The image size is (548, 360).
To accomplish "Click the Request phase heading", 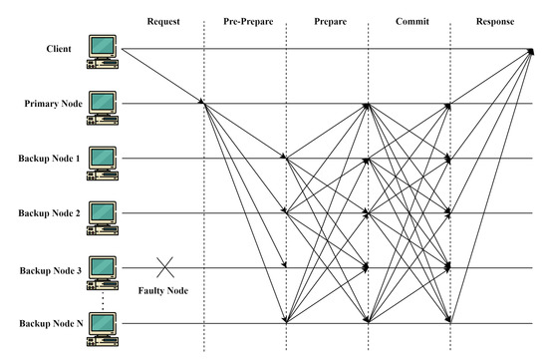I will [165, 21].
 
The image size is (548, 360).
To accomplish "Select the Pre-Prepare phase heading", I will [245, 21].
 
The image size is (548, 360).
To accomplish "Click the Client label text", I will [57, 48].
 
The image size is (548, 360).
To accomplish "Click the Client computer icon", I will [103, 50].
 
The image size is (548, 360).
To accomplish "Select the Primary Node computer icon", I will [103, 105].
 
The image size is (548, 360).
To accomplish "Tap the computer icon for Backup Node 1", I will [103, 160].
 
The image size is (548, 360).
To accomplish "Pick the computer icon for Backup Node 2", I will [103, 214].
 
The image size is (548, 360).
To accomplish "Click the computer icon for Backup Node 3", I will [103, 269].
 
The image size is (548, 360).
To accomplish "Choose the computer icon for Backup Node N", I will [103, 324].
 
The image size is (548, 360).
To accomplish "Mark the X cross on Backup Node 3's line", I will [165, 267].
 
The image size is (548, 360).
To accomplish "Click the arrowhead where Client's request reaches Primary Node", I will [202, 101].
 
